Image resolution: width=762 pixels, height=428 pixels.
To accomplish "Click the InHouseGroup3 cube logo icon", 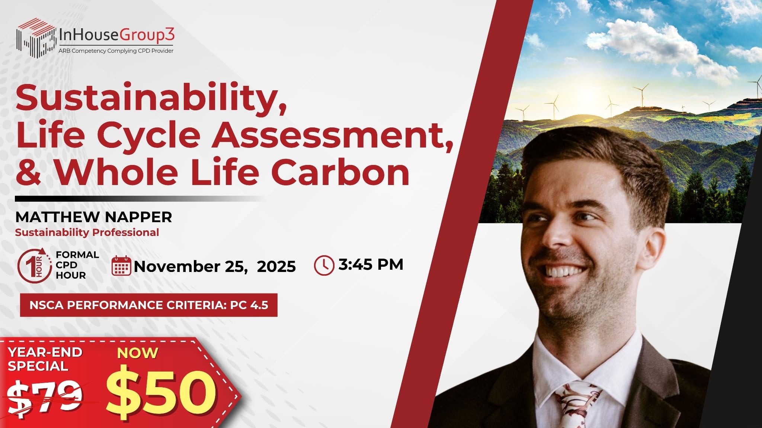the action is click(x=36, y=38).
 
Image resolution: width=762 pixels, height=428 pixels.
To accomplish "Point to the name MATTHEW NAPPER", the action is click(x=93, y=217).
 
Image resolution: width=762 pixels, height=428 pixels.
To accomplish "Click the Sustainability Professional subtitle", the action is click(x=87, y=233).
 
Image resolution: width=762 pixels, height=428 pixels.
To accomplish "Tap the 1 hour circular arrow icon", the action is click(x=34, y=265).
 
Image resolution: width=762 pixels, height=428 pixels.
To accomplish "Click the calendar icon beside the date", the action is click(x=121, y=266).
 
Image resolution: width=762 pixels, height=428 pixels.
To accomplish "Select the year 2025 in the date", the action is click(x=276, y=266).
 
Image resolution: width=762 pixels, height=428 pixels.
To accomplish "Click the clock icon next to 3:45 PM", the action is click(x=324, y=265).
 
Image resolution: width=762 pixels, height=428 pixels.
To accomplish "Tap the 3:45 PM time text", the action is click(x=371, y=265).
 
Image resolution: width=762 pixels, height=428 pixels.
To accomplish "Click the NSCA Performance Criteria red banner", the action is click(x=149, y=305).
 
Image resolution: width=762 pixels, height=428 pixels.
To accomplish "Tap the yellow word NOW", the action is click(x=138, y=353).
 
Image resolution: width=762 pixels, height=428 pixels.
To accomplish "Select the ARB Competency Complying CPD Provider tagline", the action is click(x=116, y=51).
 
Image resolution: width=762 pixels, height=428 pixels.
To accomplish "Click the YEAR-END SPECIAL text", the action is click(x=45, y=359).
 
